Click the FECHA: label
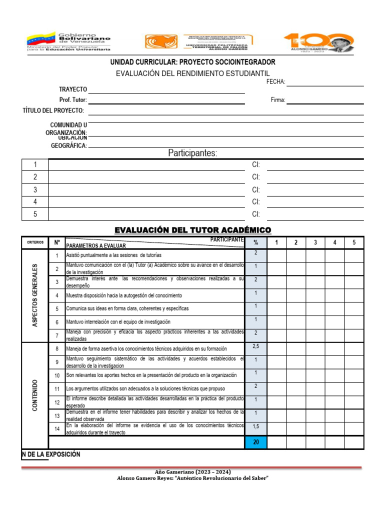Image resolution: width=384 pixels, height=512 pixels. [276, 81]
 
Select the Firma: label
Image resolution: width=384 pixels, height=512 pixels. [278, 100]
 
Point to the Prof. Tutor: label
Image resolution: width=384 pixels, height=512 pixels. [73, 100]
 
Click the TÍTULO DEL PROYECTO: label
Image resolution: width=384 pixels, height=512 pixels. [53, 110]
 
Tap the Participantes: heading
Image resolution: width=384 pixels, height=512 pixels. [192, 153]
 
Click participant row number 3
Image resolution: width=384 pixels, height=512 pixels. [35, 189]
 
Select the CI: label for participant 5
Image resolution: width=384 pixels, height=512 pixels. [256, 214]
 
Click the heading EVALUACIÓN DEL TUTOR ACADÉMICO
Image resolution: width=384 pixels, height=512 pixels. [192, 230]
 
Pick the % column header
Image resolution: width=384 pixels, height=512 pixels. [255, 242]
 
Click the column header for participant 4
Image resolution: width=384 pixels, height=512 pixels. [334, 242]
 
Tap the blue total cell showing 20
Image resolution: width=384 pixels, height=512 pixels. [255, 442]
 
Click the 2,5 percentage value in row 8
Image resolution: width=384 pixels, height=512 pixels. [255, 346]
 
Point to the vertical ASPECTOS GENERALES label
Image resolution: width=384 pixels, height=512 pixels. [35, 295]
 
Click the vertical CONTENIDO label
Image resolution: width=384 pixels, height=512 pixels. [35, 395]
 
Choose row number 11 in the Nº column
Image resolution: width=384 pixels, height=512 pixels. [57, 388]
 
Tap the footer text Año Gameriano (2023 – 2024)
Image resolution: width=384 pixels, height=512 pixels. [192, 471]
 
